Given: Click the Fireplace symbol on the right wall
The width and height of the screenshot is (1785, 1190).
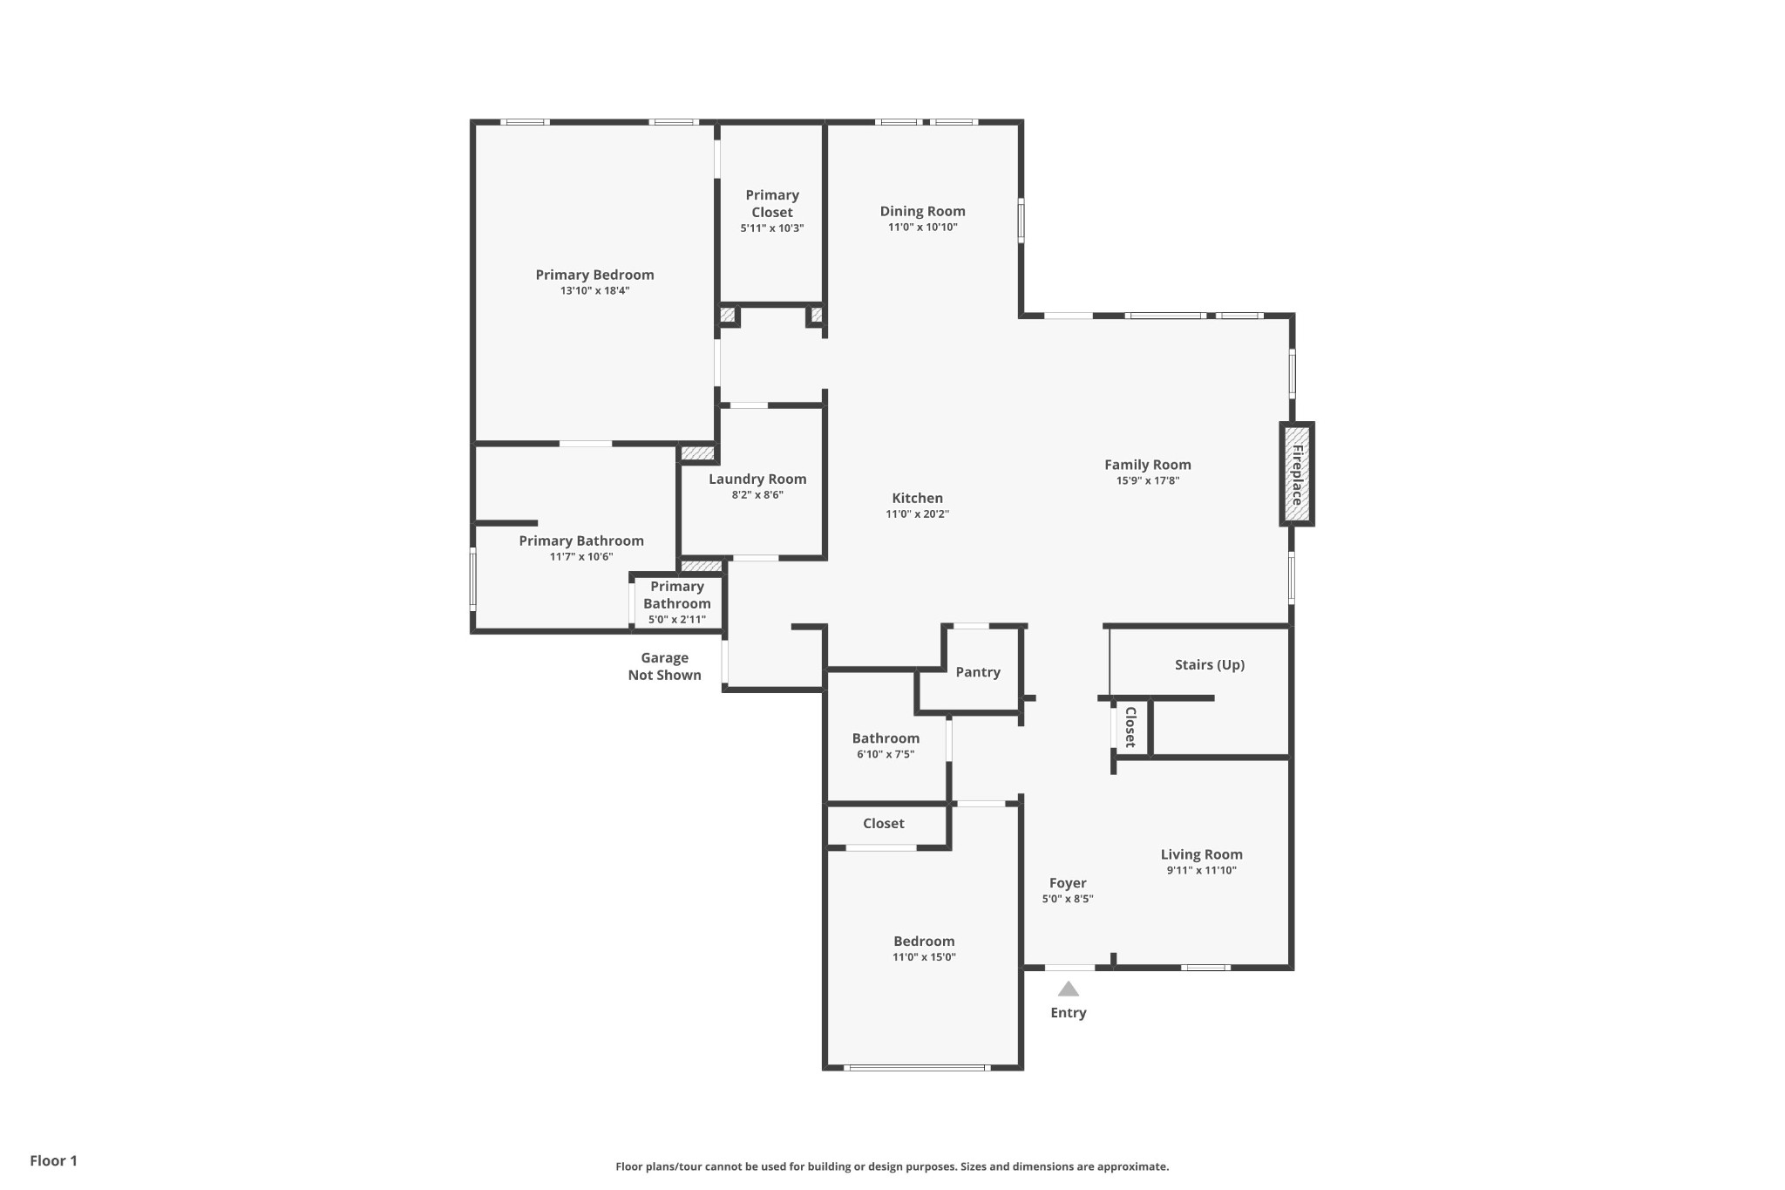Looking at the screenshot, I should tap(1296, 474).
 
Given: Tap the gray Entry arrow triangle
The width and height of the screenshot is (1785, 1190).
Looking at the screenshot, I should tap(1069, 989).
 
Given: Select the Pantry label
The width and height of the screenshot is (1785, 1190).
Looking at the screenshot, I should tap(977, 672).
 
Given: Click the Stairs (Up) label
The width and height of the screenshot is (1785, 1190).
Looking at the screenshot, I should tap(1209, 665).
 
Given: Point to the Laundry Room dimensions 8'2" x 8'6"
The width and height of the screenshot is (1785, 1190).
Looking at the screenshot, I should tap(757, 495).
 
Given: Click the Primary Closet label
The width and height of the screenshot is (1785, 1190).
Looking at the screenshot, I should tap(772, 204).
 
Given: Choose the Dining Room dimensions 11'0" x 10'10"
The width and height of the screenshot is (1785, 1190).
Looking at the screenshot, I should tap(922, 228).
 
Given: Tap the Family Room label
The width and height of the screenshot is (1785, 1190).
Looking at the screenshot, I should tap(1147, 465).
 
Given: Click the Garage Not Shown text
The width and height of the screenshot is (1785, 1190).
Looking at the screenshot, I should tap(665, 667).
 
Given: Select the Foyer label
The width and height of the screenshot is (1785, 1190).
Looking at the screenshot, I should tap(1068, 883).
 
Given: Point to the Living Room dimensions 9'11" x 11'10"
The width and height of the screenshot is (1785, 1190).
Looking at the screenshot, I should tap(1201, 870).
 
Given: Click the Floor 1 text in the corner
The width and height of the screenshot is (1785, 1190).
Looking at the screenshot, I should tap(54, 1161).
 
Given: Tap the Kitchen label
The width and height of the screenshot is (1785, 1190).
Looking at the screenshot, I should tap(917, 499).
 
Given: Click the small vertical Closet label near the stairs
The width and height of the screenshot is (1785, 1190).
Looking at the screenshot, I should tap(1130, 727).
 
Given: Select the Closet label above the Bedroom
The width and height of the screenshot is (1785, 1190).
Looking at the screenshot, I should tap(883, 824).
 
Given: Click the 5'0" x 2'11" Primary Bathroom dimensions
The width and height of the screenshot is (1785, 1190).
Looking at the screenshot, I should tap(676, 620).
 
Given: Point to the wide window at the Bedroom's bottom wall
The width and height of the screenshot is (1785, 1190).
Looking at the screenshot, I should tap(917, 1068).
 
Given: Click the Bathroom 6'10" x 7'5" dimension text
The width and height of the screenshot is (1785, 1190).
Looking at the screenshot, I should tap(886, 754).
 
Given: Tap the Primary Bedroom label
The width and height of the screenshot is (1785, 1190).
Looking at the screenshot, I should tap(594, 275).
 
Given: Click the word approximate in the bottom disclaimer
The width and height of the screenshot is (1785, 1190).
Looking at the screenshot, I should tap(1132, 1166).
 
